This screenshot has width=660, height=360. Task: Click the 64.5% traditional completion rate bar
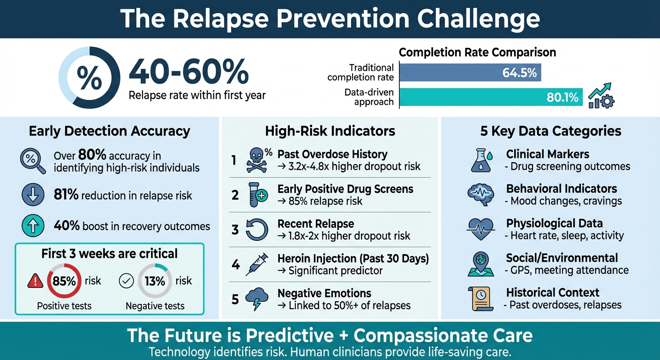tap(470, 73)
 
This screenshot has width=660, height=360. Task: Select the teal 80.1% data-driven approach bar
tap(491, 97)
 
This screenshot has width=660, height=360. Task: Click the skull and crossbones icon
tap(257, 160)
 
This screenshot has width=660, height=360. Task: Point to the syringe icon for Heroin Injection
tap(256, 264)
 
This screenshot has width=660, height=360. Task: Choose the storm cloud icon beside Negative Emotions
tap(257, 299)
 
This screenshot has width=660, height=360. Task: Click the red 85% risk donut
tap(64, 281)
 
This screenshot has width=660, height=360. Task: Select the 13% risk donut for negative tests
tap(155, 281)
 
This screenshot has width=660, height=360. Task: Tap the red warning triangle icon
tap(35, 281)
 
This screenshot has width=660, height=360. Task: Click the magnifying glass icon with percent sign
tap(32, 161)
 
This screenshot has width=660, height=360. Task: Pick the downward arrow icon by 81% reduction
tap(33, 195)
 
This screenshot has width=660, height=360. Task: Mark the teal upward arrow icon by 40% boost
tap(33, 226)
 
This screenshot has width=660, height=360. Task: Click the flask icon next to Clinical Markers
tap(480, 160)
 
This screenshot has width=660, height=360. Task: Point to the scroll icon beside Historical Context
tap(480, 299)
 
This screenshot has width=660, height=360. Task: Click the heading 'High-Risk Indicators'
tap(330, 131)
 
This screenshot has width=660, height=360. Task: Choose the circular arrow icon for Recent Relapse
tap(257, 230)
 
